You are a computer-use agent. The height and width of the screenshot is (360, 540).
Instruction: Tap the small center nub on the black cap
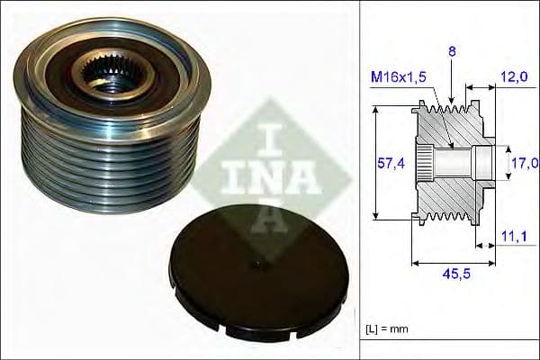tap(256, 264)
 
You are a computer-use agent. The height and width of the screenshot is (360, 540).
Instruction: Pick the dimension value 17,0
tap(525, 162)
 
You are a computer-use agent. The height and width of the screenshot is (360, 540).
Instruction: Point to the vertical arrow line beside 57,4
tap(374, 163)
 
